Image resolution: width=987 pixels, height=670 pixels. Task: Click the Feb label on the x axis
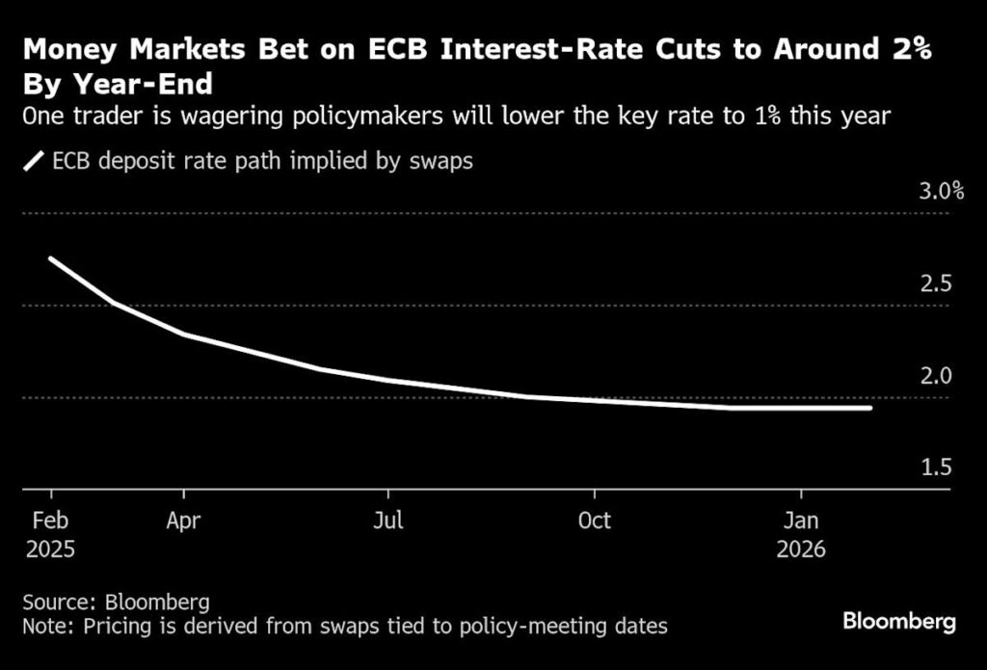tap(48, 521)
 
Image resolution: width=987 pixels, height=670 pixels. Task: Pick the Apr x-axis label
tap(182, 521)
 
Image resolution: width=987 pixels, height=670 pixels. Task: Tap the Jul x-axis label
tap(387, 521)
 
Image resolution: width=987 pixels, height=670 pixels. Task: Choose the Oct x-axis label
tap(594, 521)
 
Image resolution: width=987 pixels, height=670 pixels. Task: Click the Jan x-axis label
tap(801, 521)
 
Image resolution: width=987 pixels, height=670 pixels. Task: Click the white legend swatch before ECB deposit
tap(35, 161)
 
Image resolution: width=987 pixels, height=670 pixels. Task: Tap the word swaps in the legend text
tap(442, 161)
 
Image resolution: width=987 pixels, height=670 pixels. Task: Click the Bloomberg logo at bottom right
tap(898, 621)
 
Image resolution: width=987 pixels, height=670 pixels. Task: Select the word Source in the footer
tap(55, 603)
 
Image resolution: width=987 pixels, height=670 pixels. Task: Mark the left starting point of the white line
tap(50, 258)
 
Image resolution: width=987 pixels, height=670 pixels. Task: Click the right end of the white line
tap(870, 408)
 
